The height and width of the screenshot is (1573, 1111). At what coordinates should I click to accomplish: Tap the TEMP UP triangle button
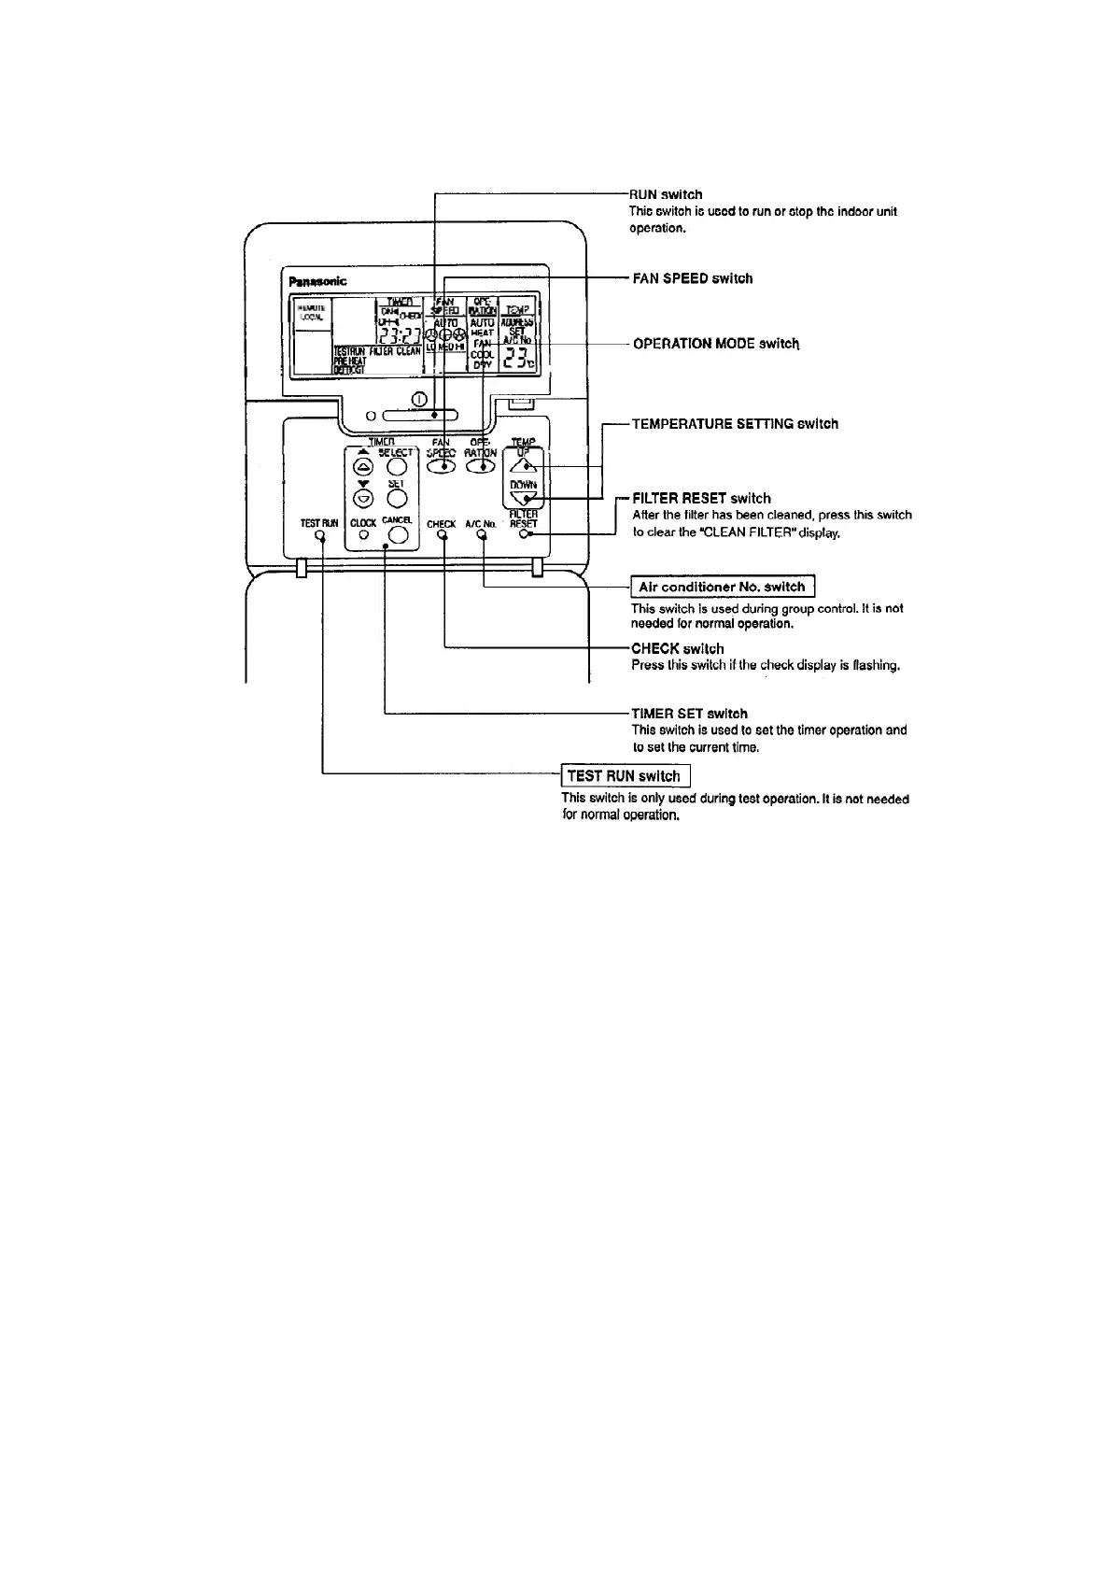tap(525, 463)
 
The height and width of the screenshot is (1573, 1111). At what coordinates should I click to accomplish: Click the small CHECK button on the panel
tap(443, 537)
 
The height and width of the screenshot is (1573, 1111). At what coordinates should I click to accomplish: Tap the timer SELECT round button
tap(399, 466)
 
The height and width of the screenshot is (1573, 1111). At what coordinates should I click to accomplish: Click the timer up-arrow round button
tap(363, 466)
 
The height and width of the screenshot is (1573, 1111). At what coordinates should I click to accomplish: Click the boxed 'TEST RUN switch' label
tap(625, 776)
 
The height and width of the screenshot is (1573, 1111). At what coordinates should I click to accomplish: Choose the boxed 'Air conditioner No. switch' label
tap(723, 587)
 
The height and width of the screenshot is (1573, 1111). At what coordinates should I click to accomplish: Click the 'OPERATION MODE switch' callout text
tap(716, 344)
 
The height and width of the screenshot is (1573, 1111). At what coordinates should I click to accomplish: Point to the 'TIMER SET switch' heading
tap(689, 714)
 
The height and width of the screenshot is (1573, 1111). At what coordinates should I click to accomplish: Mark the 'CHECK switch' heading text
tap(677, 648)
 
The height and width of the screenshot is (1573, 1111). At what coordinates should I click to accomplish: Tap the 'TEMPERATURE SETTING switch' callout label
tap(735, 424)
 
